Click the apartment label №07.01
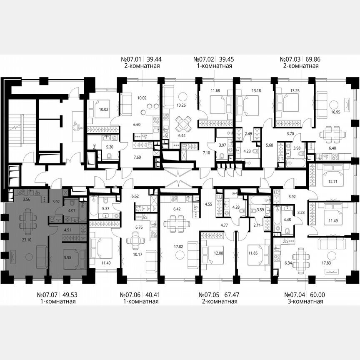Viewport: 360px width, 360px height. [x=130, y=60]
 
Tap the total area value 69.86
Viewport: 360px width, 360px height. [x=306, y=60]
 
